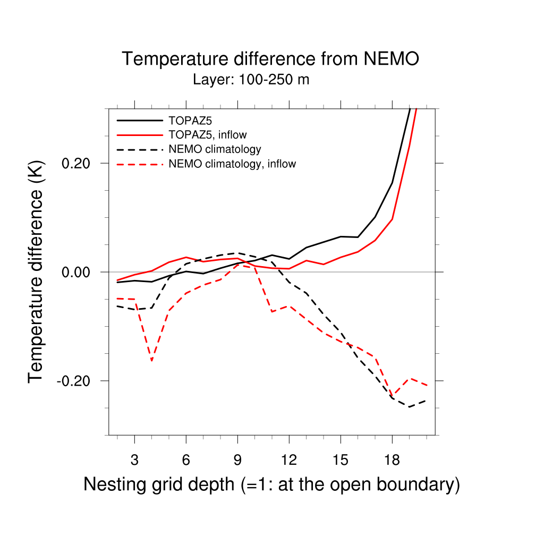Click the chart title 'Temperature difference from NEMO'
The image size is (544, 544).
pyautogui.click(x=270, y=59)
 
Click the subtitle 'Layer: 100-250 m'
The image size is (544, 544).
pyautogui.click(x=251, y=80)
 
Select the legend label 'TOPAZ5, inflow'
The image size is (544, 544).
pyautogui.click(x=208, y=134)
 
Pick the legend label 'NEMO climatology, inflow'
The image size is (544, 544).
pyautogui.click(x=232, y=164)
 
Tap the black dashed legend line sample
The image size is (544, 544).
pyautogui.click(x=139, y=149)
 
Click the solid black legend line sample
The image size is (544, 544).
pyautogui.click(x=139, y=120)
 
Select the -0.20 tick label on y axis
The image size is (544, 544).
pyautogui.click(x=74, y=381)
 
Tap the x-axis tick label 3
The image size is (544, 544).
pyautogui.click(x=134, y=460)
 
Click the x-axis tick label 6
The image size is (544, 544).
pyautogui.click(x=186, y=460)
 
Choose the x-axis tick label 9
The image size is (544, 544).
pyautogui.click(x=237, y=460)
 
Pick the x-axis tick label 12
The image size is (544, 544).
pyautogui.click(x=289, y=460)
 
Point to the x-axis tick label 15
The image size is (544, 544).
pyautogui.click(x=341, y=460)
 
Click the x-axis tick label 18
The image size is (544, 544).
pyautogui.click(x=392, y=460)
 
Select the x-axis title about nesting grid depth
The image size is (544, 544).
pyautogui.click(x=271, y=484)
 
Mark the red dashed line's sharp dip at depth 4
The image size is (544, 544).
pyautogui.click(x=152, y=360)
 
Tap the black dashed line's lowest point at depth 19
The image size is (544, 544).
pyautogui.click(x=409, y=406)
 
